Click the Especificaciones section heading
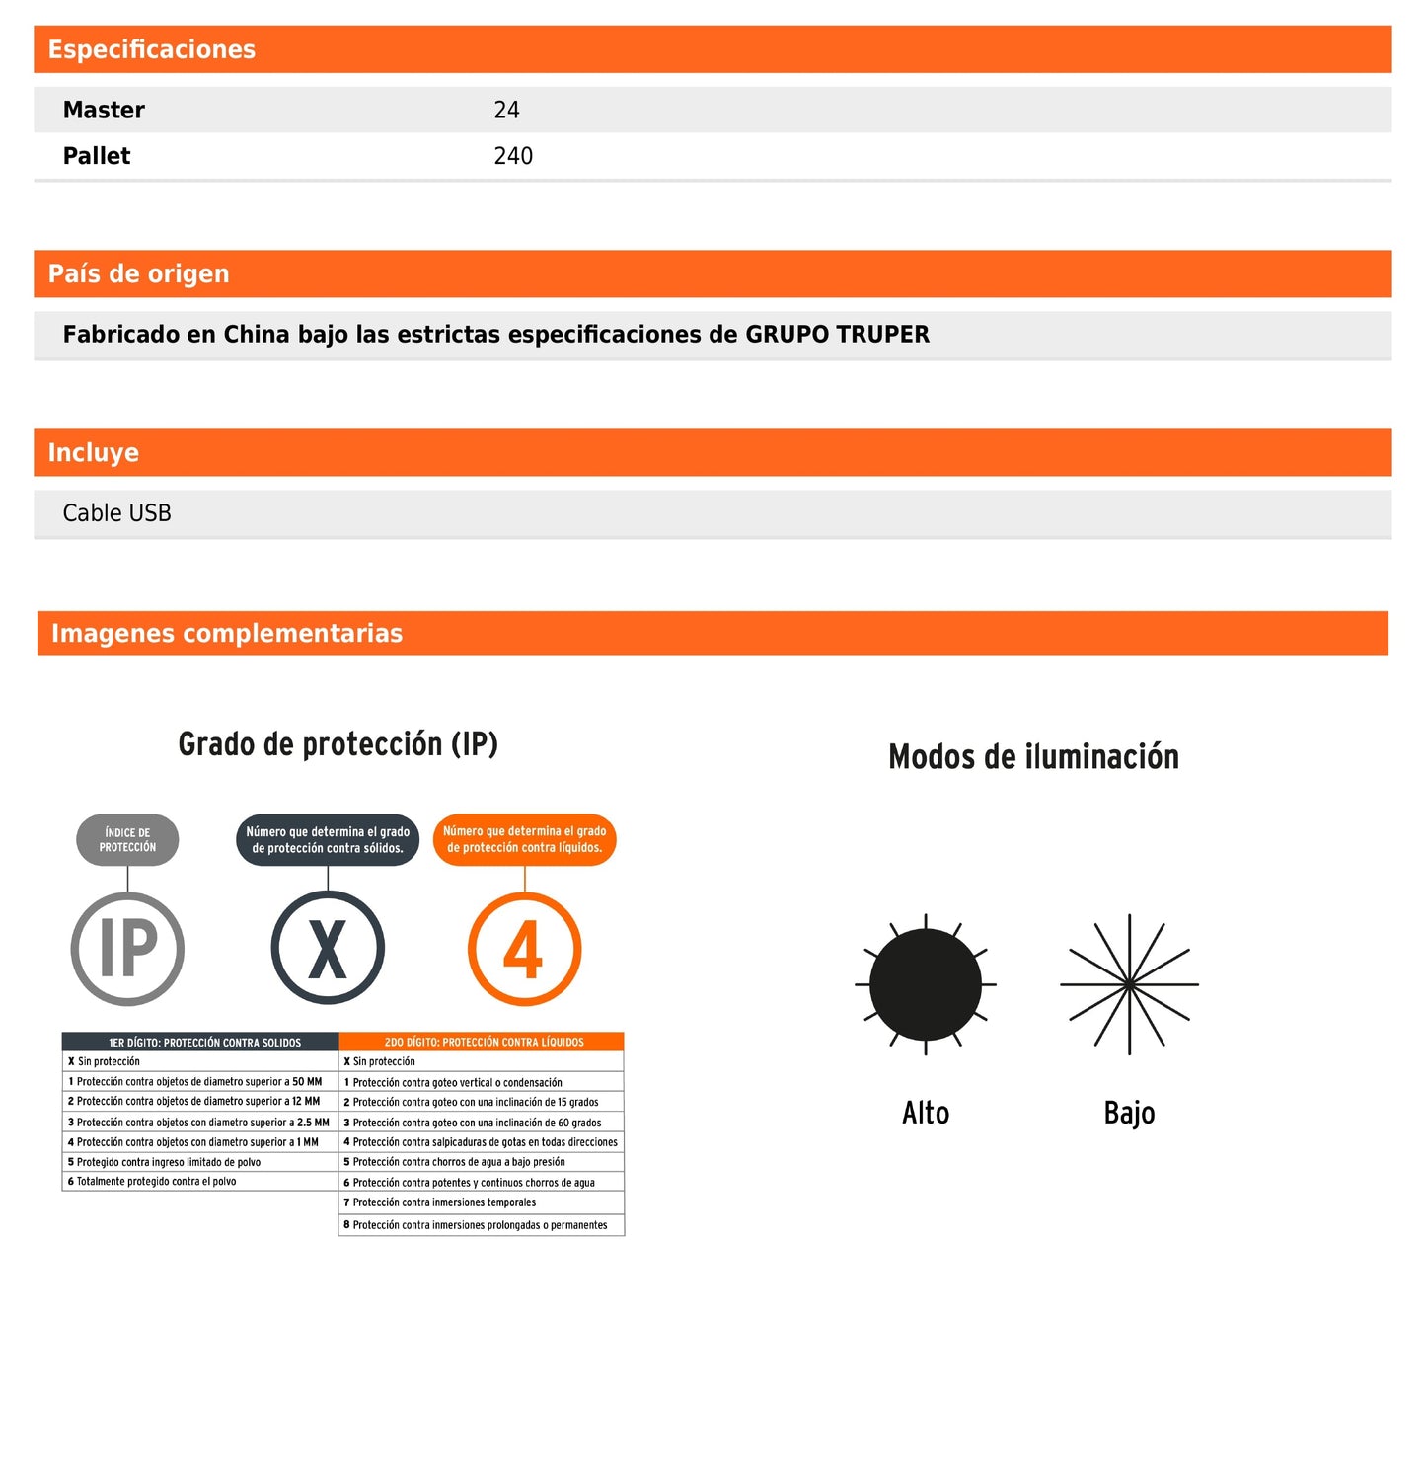[x=151, y=49]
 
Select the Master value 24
[x=506, y=110]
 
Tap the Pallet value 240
[x=513, y=156]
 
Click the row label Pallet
[x=97, y=156]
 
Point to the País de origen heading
[x=138, y=273]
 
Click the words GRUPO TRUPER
[x=837, y=334]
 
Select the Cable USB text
[x=116, y=513]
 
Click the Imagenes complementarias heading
[x=226, y=633]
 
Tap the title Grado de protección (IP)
[x=338, y=744]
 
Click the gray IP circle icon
[x=127, y=949]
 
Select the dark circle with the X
[x=328, y=949]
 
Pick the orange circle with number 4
[x=524, y=949]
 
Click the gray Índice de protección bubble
[x=127, y=840]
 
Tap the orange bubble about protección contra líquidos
[x=524, y=840]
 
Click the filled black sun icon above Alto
[x=925, y=984]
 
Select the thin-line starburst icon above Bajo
[x=1129, y=984]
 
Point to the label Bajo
[x=1129, y=1113]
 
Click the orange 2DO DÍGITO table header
[x=483, y=1042]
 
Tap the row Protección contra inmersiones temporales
[x=444, y=1202]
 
